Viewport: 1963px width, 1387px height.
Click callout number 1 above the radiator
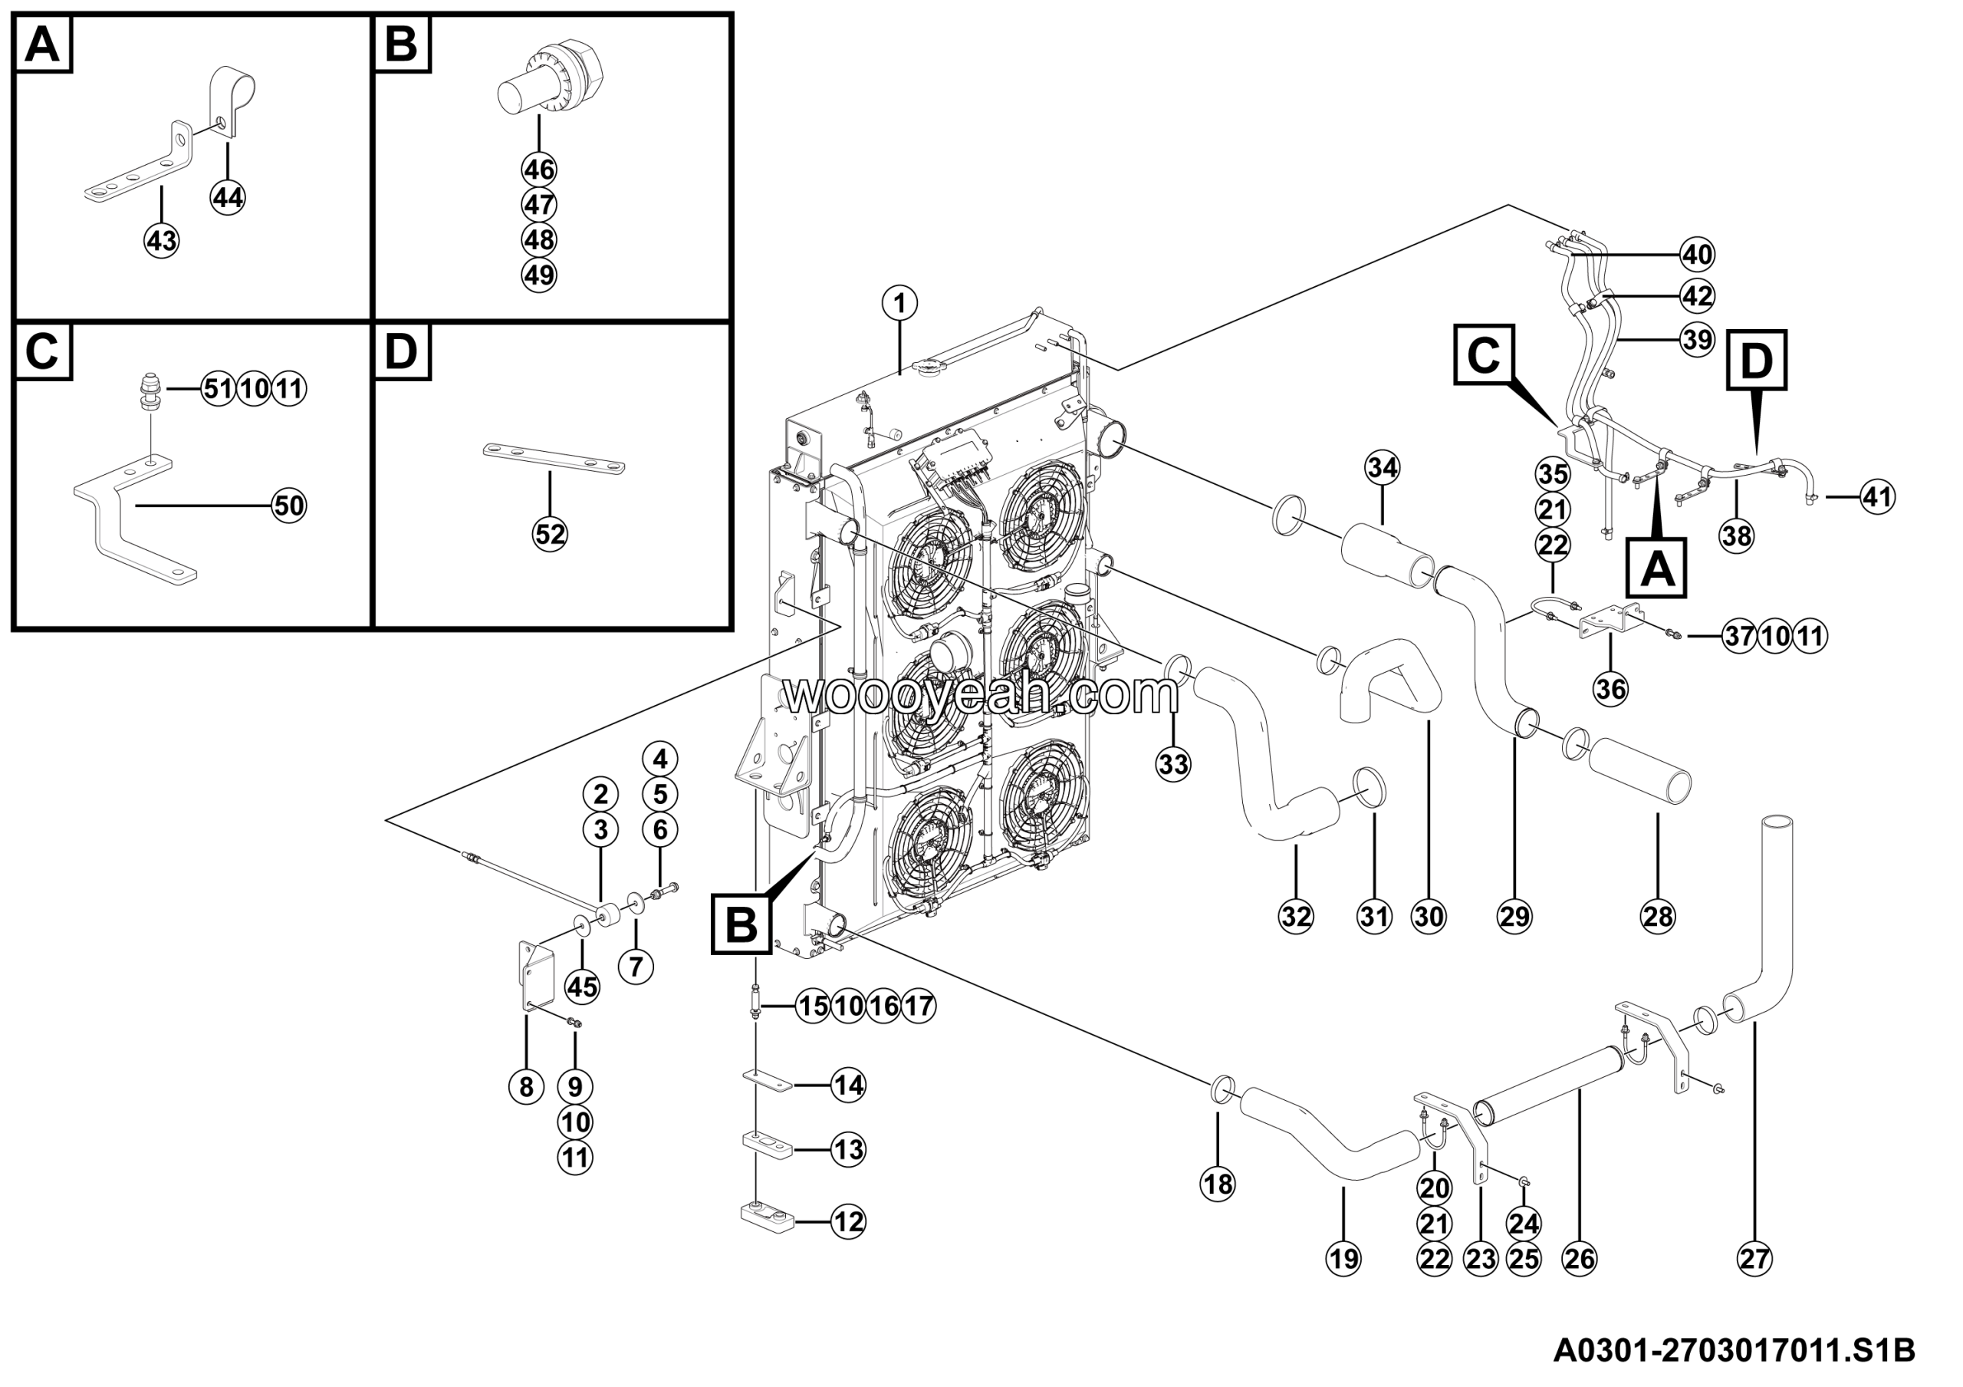coord(899,303)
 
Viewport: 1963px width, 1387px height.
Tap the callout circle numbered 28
coord(1658,917)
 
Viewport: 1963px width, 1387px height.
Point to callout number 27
coord(1754,1258)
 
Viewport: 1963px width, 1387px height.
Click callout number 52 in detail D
coord(550,535)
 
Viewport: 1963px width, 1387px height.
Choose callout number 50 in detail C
coord(289,506)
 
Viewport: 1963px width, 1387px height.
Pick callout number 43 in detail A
coord(162,240)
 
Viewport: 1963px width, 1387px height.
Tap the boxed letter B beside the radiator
coord(741,924)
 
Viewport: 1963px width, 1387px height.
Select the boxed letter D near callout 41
coord(1756,360)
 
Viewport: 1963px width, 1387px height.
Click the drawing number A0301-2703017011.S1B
coord(1734,1350)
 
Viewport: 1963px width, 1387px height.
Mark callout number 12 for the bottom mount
coord(848,1222)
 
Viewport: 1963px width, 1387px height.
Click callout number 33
coord(1173,763)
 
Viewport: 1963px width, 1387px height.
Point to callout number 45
coord(582,987)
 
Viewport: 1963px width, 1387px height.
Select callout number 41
coord(1876,497)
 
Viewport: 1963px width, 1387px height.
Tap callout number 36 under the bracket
coord(1611,688)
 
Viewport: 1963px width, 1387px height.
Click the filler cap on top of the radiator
coord(926,367)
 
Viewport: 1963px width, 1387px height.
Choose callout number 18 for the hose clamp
coord(1218,1184)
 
